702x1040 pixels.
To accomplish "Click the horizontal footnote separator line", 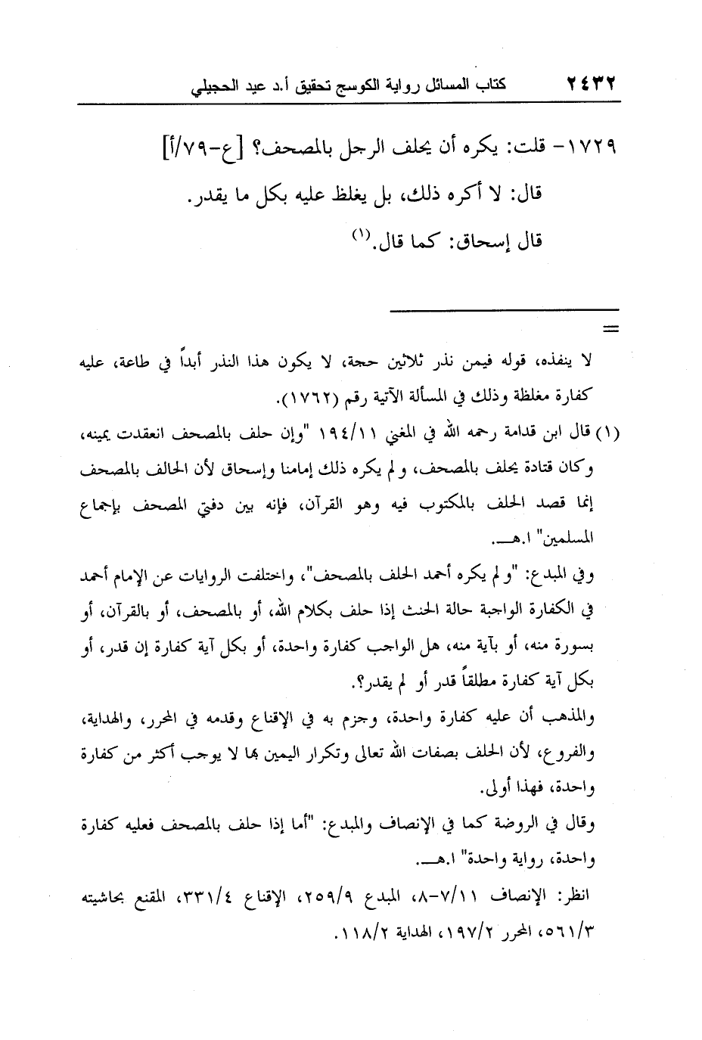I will click(x=504, y=309).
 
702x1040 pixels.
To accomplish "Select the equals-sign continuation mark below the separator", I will click(x=609, y=328).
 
